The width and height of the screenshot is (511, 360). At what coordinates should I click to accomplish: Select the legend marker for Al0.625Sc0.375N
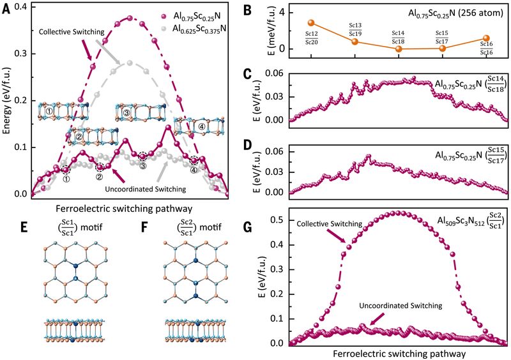point(165,29)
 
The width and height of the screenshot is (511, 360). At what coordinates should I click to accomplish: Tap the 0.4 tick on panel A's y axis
point(21,7)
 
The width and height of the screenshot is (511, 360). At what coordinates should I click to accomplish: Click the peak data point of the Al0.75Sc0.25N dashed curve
point(130,19)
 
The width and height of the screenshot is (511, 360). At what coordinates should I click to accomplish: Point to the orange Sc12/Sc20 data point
point(311,23)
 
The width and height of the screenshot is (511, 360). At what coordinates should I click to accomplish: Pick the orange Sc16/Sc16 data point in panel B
point(486,38)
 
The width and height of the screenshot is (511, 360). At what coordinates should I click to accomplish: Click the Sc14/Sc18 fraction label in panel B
point(398,37)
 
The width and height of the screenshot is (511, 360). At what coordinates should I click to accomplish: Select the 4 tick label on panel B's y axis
point(281,12)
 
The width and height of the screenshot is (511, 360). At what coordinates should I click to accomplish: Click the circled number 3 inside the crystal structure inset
point(126,113)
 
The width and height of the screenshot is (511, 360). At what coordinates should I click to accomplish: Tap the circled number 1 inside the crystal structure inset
point(49,111)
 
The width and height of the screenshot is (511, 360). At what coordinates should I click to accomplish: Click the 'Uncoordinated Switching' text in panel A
point(146,189)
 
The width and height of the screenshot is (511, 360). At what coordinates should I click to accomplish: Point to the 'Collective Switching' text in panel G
point(330,224)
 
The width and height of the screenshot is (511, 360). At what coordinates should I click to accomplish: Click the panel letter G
point(248,227)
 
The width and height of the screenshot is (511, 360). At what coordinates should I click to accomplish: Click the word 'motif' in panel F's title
point(211,227)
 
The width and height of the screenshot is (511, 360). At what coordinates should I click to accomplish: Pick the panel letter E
point(24,227)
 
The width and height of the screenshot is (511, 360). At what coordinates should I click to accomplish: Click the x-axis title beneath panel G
point(400,354)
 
